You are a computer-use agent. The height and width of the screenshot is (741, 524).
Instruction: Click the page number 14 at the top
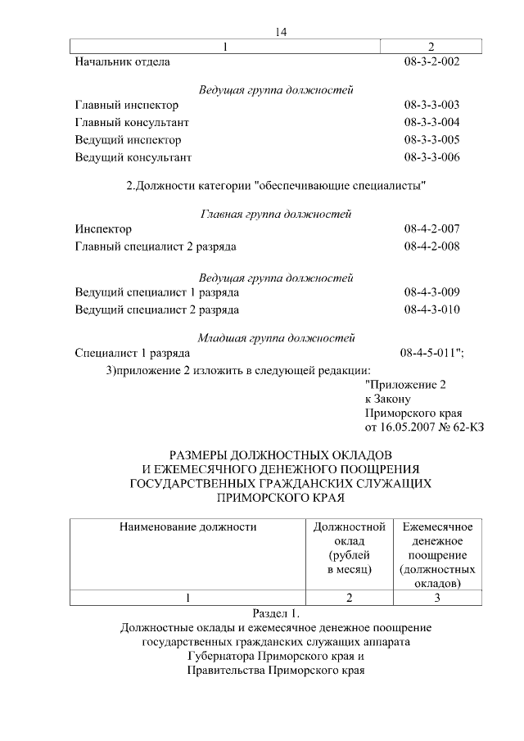281,32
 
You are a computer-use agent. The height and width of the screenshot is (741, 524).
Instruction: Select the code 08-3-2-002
431,61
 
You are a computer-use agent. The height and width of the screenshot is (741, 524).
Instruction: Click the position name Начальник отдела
122,61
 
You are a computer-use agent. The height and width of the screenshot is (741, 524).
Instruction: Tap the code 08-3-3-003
431,105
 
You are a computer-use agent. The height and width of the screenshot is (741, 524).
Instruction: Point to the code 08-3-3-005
431,139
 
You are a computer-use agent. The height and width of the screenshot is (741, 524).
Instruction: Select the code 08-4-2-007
431,229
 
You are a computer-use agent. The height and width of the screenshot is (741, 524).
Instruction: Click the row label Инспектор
102,229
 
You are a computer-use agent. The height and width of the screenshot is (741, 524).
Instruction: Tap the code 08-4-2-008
431,246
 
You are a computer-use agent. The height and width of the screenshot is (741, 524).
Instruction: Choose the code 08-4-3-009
431,292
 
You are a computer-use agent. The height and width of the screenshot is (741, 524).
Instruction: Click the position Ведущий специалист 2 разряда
156,310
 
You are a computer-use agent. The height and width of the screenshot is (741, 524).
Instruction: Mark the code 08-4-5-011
430,353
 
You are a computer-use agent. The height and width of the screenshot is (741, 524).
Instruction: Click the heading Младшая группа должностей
276,337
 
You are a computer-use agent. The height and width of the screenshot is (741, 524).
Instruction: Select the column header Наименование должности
187,526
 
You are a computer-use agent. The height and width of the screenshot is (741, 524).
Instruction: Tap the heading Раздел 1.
276,612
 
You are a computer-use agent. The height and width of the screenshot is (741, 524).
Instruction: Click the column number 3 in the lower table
437,598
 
